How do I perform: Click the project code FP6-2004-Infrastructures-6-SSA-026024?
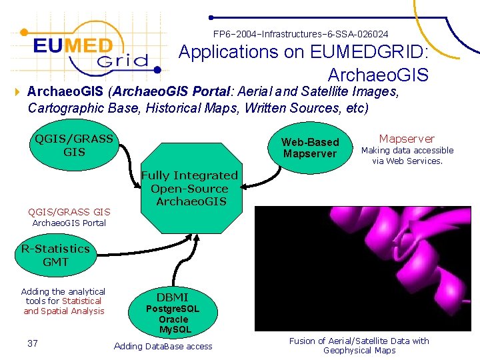click(x=300, y=33)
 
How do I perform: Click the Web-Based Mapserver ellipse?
click(x=310, y=148)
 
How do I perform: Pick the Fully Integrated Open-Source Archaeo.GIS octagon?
click(x=189, y=188)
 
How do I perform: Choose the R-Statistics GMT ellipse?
click(x=55, y=255)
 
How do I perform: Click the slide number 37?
click(x=32, y=343)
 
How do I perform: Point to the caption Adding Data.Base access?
click(x=163, y=346)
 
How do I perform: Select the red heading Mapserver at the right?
click(x=407, y=139)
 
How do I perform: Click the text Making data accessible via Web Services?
click(x=407, y=155)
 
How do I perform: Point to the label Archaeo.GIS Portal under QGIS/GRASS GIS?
click(x=69, y=223)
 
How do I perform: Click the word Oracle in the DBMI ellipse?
click(x=173, y=319)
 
